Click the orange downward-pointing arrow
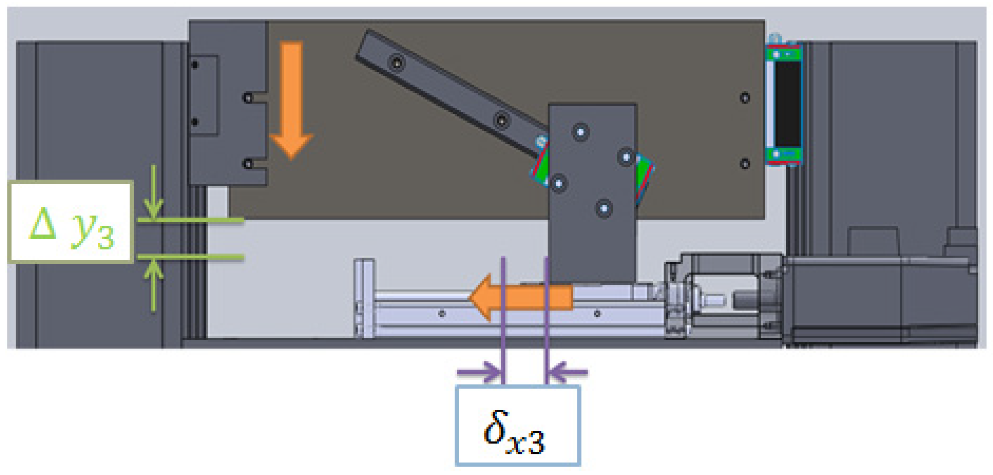pyautogui.click(x=291, y=100)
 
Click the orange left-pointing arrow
pyautogui.click(x=520, y=297)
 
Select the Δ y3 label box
pyautogui.click(x=71, y=222)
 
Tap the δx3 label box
pyautogui.click(x=518, y=425)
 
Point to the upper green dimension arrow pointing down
pyautogui.click(x=154, y=192)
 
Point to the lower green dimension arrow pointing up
pyautogui.click(x=154, y=284)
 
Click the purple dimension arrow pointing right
pyautogui.click(x=479, y=372)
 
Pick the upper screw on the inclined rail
pyautogui.click(x=397, y=62)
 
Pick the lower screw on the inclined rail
pyautogui.click(x=501, y=121)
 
